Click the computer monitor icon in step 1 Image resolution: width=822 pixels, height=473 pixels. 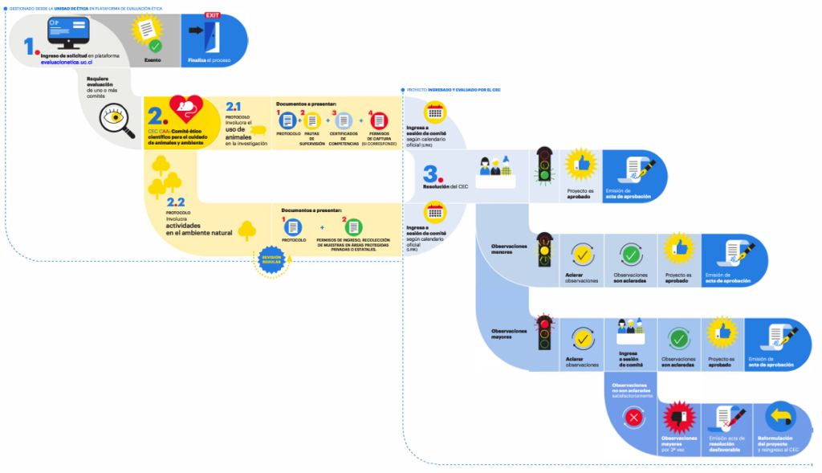67,33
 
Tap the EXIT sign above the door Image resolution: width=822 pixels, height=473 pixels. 212,15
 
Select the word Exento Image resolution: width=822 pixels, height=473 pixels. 153,59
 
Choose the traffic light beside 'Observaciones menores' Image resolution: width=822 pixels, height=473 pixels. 547,249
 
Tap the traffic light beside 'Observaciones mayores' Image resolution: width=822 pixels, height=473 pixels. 547,332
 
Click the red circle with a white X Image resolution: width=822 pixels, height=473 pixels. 634,418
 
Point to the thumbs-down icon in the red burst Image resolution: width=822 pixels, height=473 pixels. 678,418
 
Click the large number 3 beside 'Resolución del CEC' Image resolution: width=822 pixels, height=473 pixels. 431,175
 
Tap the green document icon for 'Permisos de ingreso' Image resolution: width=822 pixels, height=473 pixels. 353,227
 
